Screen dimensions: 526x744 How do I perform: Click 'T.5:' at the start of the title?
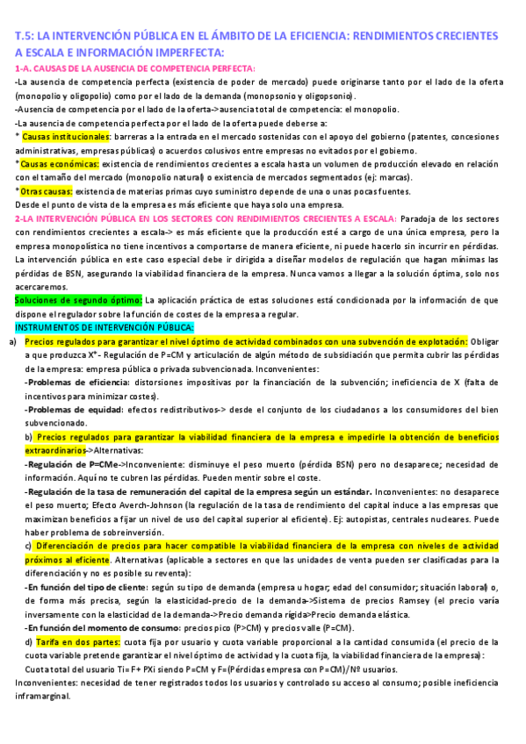(27, 36)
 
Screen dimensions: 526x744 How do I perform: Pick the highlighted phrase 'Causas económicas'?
(57, 164)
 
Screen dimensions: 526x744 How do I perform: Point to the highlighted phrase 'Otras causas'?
(47, 190)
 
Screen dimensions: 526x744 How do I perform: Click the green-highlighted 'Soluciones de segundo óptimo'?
(78, 300)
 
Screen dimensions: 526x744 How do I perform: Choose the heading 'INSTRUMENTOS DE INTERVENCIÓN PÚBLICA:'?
(96, 327)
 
